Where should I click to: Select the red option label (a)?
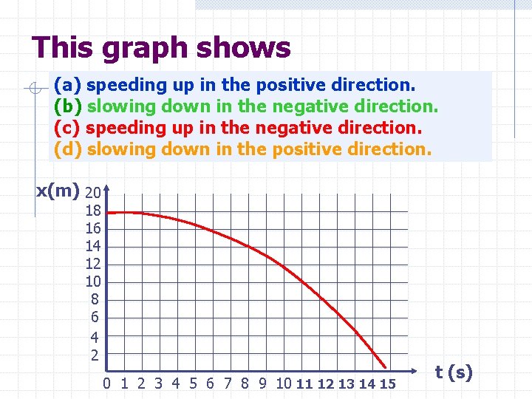point(67,83)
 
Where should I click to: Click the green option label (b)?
point(67,106)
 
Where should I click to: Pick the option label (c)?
point(67,127)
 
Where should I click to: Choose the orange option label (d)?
point(67,149)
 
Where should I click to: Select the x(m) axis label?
point(58,191)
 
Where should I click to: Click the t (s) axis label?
point(454,372)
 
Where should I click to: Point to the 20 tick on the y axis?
point(93,193)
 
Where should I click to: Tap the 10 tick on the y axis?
point(93,282)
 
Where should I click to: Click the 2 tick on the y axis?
point(95,355)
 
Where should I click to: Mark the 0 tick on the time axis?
point(107,383)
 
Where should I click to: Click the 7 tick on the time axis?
point(228,383)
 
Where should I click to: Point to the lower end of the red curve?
point(386,366)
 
